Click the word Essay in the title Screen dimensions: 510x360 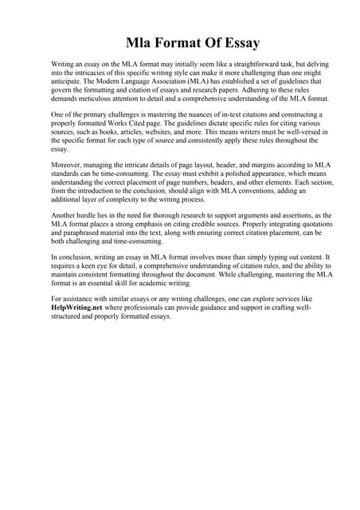237,41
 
